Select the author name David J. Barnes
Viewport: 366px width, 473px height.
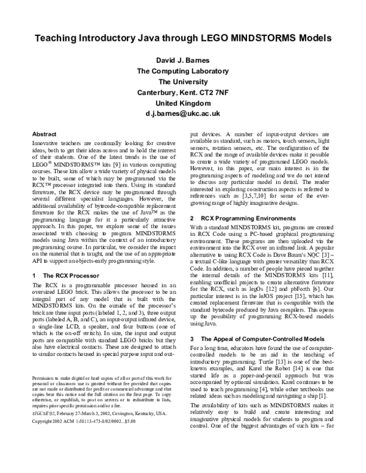183,61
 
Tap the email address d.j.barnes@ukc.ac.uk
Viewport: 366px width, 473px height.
183,113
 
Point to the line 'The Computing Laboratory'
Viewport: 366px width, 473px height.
183,71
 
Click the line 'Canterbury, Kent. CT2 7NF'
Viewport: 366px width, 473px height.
183,92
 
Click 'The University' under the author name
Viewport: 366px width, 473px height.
183,82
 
